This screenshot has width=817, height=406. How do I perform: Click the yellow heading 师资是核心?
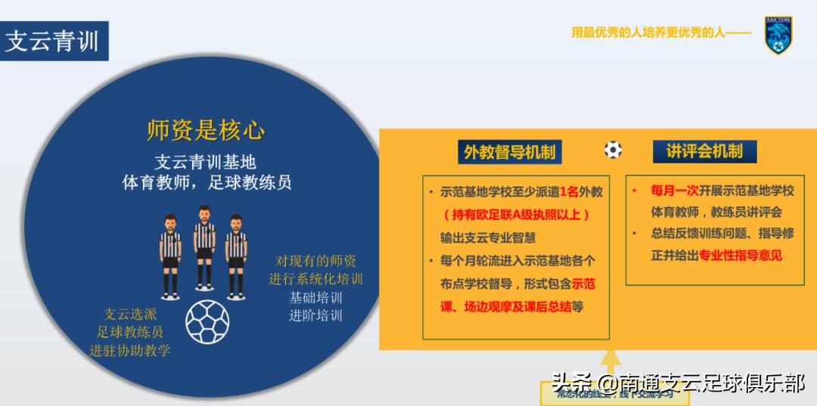(206, 131)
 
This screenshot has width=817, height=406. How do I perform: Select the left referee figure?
(170, 253)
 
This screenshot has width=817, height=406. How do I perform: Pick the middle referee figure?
(203, 246)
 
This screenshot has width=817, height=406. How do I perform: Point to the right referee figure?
(236, 253)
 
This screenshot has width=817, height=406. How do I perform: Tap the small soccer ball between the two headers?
(613, 150)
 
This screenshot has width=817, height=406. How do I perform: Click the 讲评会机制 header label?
(704, 151)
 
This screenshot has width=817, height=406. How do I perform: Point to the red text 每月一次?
(670, 191)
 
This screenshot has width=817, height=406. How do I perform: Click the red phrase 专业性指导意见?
(741, 255)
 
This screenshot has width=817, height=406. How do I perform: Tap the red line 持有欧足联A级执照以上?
(515, 215)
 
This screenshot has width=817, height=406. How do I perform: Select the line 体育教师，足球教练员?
(207, 182)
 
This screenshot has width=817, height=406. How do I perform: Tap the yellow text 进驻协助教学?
(130, 349)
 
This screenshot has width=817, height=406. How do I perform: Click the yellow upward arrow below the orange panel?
(612, 363)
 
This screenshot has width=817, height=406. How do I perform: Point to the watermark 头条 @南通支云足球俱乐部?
(678, 383)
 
